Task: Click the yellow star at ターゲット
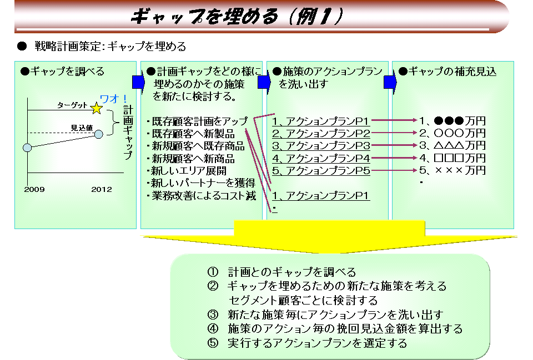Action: tap(97, 108)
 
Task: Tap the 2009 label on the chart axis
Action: tap(34, 190)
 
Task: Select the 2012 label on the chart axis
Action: tap(101, 190)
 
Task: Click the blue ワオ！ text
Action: tap(113, 99)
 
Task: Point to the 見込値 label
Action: tap(82, 128)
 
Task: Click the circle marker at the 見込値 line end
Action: tap(99, 134)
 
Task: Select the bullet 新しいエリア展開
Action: tap(187, 171)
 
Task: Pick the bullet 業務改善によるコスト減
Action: tap(202, 196)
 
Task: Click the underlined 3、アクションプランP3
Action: tap(321, 146)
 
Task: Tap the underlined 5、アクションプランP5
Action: tap(321, 170)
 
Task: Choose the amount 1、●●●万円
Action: tap(452, 121)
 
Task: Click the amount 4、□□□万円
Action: tap(452, 158)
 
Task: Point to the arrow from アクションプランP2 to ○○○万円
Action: tap(394, 133)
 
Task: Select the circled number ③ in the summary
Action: tap(213, 315)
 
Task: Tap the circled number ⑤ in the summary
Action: tap(213, 343)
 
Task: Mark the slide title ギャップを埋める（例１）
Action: tap(237, 16)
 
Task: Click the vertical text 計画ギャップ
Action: tap(128, 133)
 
